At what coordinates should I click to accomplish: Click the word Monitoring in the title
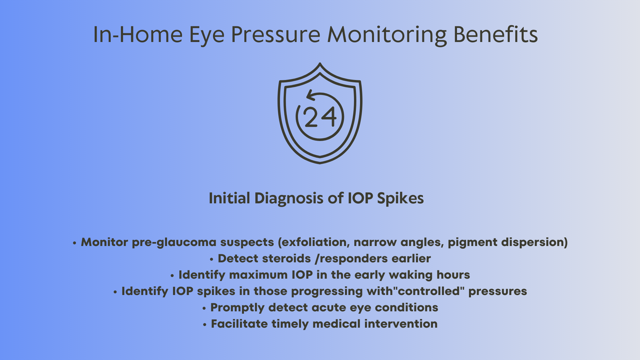click(x=387, y=35)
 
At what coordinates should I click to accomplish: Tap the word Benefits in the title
click(x=496, y=34)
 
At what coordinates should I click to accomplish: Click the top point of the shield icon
click(x=320, y=63)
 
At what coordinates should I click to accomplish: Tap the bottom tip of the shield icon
click(x=320, y=163)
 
